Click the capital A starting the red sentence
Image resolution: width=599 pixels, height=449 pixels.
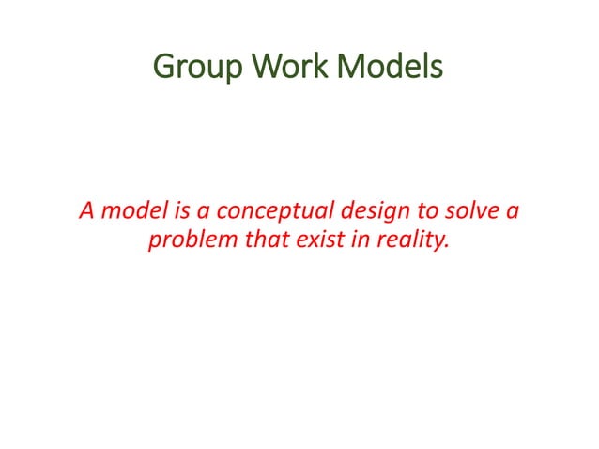click(x=84, y=209)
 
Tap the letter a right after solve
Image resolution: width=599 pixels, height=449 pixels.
click(x=510, y=210)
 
